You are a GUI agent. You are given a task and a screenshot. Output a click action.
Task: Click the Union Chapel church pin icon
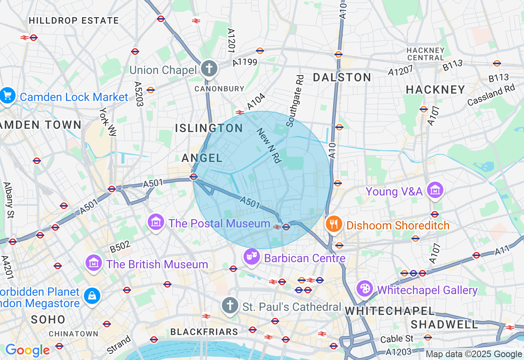click(x=209, y=68)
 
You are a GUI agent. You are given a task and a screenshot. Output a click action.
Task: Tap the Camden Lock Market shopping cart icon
click(x=7, y=96)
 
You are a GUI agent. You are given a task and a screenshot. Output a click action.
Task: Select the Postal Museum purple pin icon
click(x=156, y=223)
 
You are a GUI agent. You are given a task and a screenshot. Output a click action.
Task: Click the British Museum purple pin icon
click(x=94, y=263)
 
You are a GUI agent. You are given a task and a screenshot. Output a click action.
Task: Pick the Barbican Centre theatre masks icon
click(x=251, y=257)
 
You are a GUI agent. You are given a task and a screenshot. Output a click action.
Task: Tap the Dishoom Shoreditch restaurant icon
click(x=334, y=224)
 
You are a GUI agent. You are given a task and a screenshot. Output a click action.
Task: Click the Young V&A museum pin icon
click(x=435, y=190)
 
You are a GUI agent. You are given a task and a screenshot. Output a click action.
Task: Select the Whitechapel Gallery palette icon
click(x=364, y=289)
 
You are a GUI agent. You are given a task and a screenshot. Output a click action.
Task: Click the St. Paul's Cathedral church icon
click(x=230, y=305)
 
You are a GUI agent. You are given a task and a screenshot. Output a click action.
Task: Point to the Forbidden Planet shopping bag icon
click(x=92, y=296)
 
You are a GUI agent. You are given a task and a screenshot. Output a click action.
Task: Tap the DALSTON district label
click(x=342, y=77)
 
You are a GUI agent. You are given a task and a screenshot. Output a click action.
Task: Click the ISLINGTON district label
click(x=209, y=128)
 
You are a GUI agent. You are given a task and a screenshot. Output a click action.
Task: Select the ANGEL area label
click(x=202, y=158)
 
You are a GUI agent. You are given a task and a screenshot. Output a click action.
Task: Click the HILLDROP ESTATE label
click(x=74, y=20)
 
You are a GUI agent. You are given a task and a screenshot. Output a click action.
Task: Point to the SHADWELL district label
click(x=444, y=325)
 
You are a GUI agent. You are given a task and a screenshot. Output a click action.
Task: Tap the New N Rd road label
click(x=269, y=145)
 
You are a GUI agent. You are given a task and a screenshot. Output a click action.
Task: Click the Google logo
click(x=27, y=350)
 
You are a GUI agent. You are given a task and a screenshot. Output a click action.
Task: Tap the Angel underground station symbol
click(x=194, y=177)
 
